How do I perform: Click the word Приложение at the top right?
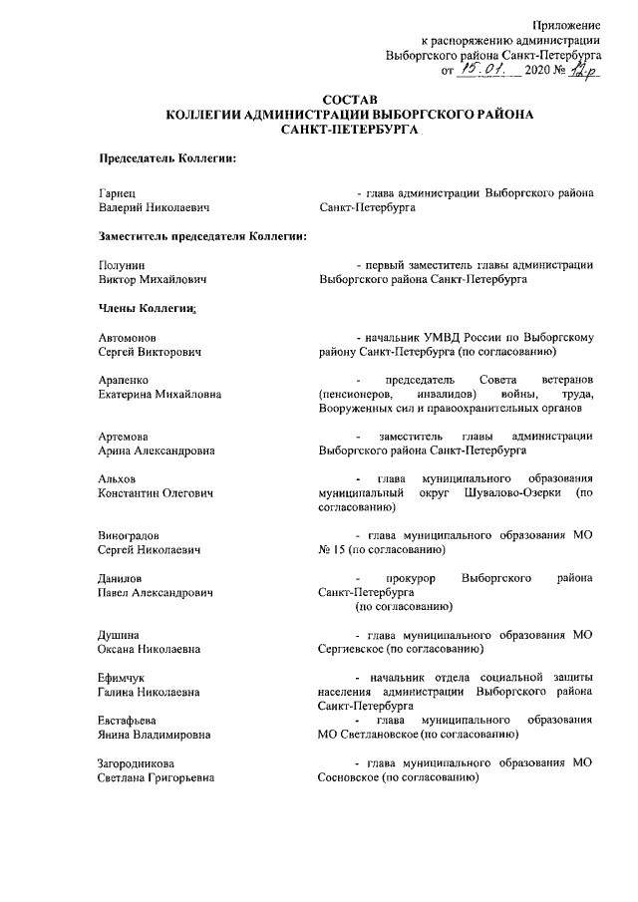[564, 23]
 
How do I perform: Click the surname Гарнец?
[118, 193]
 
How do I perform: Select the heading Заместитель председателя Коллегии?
[201, 236]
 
